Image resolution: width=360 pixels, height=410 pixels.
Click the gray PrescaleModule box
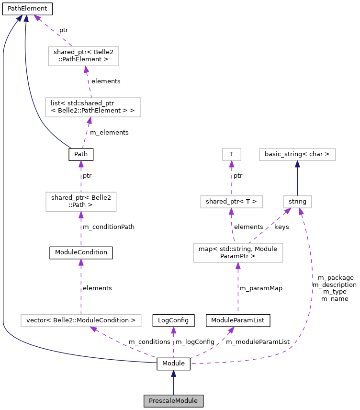(173, 401)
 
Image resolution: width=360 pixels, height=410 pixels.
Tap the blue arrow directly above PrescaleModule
(173, 382)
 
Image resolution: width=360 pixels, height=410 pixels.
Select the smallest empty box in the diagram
(232, 154)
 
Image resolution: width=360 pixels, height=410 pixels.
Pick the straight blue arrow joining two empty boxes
(297, 178)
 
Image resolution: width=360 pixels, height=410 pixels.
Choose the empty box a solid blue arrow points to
(297, 154)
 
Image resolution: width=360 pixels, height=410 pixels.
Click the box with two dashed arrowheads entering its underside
(297, 202)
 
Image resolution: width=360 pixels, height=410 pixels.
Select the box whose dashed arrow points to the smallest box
(232, 202)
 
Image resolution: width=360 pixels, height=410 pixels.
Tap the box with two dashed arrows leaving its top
(238, 253)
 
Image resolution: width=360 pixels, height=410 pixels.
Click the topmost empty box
(83, 56)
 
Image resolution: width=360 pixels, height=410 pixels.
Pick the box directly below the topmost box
(93, 107)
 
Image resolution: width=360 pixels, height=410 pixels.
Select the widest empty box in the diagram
(81, 320)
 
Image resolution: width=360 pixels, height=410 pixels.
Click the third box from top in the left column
(81, 202)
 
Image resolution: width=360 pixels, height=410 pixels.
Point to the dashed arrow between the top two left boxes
(89, 82)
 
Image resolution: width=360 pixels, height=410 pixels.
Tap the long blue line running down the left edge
(3, 192)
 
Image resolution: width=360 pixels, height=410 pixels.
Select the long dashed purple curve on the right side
(312, 287)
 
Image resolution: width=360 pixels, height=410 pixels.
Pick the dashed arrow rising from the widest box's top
(81, 287)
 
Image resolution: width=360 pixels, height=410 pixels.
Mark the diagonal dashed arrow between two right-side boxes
(270, 226)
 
